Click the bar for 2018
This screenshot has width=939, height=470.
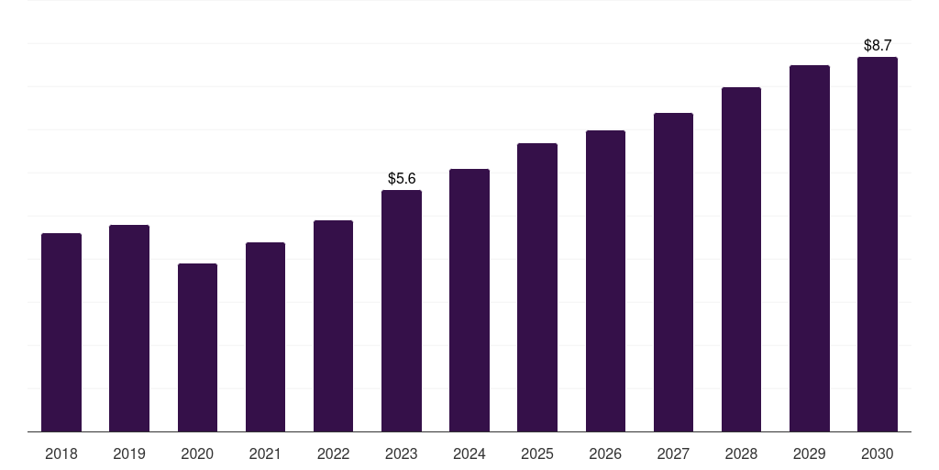point(61,332)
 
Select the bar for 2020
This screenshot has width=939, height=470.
point(198,347)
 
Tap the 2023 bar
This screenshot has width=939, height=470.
point(402,310)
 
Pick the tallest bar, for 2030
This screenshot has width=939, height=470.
point(878,244)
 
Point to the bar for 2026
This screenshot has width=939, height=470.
point(605,281)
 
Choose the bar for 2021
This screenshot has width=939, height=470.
point(265,337)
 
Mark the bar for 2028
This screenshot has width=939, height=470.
point(741,259)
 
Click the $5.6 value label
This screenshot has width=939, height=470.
point(402,178)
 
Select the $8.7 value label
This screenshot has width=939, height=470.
point(878,45)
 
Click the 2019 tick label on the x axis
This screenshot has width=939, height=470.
point(129,453)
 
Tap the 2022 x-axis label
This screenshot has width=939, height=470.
point(333,453)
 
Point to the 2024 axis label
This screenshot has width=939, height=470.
point(469,453)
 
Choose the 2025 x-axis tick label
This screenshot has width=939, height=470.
point(537,453)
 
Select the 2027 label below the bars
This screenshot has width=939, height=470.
point(673,453)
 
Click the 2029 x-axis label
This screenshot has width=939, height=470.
point(809,453)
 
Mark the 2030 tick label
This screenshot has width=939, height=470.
point(878,453)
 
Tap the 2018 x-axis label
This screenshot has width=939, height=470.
point(61,453)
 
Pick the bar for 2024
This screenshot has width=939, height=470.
point(469,300)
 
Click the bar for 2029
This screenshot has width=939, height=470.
point(810,248)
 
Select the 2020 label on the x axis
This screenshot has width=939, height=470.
point(197,453)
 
